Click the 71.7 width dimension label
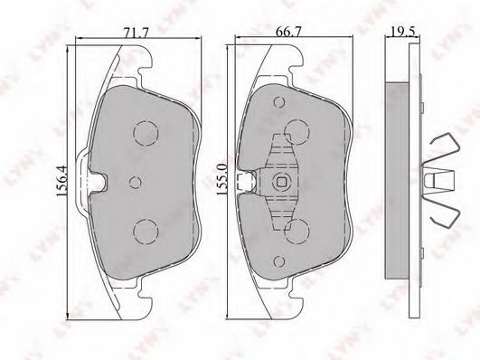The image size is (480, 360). pos(136,32)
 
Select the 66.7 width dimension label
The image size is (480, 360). pos(288,32)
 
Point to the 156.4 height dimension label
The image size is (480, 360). pos(61,182)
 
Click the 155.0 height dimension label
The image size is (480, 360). pos(221,179)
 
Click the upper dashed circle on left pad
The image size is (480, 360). pos(146,133)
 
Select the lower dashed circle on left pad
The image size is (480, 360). pos(146,232)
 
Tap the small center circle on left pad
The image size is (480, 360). pos(136,183)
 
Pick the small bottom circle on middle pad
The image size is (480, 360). pos(279,261)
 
